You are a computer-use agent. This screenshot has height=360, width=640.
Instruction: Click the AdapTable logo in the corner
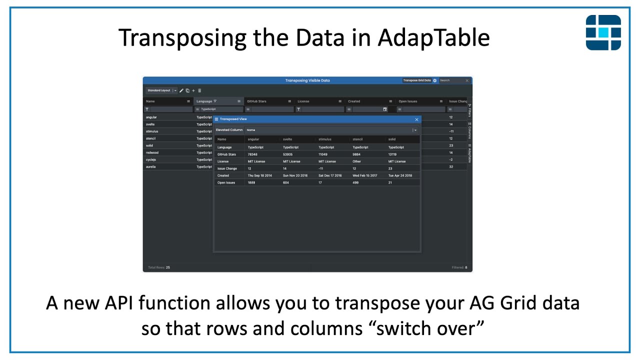coord(603,32)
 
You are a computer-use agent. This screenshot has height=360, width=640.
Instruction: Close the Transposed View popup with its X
coord(416,119)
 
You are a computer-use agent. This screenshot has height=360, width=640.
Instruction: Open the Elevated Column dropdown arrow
coord(415,130)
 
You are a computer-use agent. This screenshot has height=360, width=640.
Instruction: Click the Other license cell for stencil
coord(357,161)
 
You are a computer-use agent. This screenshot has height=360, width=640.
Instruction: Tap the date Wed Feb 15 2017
coord(364,175)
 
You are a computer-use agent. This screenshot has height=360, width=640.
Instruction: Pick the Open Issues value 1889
coord(251,182)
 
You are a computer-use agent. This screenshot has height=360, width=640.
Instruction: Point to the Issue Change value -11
coord(321,168)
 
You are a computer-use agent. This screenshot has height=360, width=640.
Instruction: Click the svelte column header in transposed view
coord(287,139)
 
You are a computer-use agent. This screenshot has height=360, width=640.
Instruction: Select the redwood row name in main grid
coord(152,152)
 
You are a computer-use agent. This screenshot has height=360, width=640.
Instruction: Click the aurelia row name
coord(150,166)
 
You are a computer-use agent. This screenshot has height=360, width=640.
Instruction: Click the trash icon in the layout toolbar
coord(199,90)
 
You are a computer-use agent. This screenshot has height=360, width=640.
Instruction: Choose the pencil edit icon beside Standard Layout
coord(181,90)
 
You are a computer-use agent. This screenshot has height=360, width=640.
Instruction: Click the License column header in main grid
coord(303,101)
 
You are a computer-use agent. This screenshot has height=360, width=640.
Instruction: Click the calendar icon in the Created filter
coord(385,109)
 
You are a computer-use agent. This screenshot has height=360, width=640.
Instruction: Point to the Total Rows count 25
coord(168,267)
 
